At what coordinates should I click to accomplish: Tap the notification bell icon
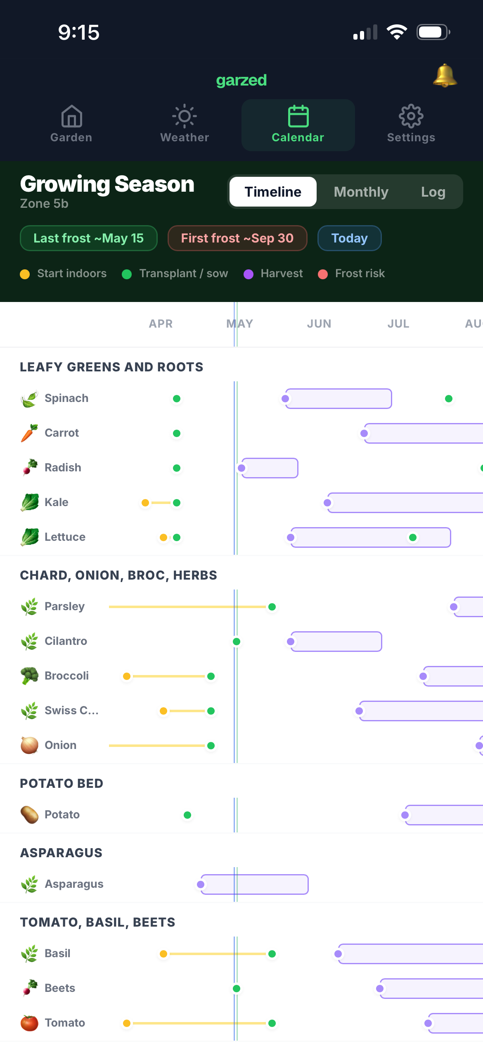[445, 76]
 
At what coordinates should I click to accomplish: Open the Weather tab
[185, 124]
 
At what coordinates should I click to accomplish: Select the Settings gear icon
[411, 116]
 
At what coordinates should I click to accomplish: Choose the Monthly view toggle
[361, 192]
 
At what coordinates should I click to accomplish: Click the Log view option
[433, 192]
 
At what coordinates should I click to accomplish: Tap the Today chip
[350, 238]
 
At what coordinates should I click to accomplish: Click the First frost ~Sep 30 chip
[237, 238]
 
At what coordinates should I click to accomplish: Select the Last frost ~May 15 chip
[89, 238]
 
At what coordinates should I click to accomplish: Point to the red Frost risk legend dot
[323, 274]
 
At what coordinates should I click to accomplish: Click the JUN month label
[319, 324]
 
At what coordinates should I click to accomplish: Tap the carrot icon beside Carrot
[29, 433]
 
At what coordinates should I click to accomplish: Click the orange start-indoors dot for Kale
[145, 503]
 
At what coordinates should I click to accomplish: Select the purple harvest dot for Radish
[241, 468]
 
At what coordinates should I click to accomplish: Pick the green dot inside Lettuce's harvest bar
[412, 537]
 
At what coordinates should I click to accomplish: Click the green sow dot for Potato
[187, 815]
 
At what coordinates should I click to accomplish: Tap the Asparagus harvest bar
[254, 884]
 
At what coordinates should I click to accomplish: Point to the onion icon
[29, 745]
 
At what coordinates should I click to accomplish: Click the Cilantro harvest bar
[336, 642]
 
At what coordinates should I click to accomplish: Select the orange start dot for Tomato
[127, 1023]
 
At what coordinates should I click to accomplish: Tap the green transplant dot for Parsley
[272, 607]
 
